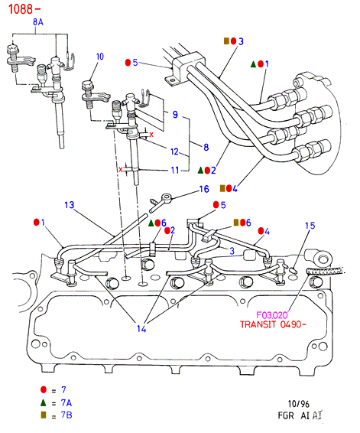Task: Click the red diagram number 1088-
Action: tap(24, 9)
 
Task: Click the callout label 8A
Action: tap(38, 22)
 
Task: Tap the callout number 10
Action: tap(100, 57)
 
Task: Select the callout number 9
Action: tap(175, 114)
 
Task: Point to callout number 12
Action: tap(174, 151)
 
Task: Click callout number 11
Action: tap(175, 170)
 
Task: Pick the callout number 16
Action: tap(204, 189)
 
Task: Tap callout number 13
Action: tap(70, 205)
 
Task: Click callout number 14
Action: tap(141, 329)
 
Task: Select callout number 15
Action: tap(310, 226)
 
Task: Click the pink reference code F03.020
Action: tap(272, 315)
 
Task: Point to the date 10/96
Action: tap(299, 404)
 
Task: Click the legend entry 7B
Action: tap(66, 415)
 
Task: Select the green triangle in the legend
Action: tap(44, 402)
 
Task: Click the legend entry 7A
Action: tap(66, 403)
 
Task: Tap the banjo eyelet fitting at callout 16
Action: tap(167, 197)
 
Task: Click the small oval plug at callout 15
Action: tap(294, 270)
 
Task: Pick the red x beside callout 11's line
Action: tap(121, 170)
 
